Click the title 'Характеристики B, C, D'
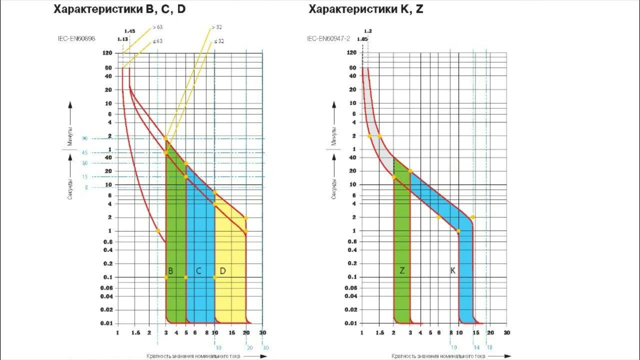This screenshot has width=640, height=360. point(119,9)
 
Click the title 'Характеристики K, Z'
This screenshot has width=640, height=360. point(366,9)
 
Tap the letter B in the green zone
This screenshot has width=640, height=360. point(170,271)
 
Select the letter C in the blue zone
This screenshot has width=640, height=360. point(198,271)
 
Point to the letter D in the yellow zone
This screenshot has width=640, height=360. point(222,271)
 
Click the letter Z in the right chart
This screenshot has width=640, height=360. point(402,270)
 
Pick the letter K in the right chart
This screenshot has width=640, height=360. point(453,270)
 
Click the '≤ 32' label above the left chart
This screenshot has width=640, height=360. point(219,41)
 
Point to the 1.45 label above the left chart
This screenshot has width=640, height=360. point(130,31)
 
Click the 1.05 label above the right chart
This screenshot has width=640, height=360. point(362,38)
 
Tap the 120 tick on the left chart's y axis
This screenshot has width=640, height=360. point(106,52)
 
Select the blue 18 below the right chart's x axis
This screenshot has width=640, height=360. point(490,347)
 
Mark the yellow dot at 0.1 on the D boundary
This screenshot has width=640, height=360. point(215,277)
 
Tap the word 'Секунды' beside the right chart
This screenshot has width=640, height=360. point(333,187)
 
